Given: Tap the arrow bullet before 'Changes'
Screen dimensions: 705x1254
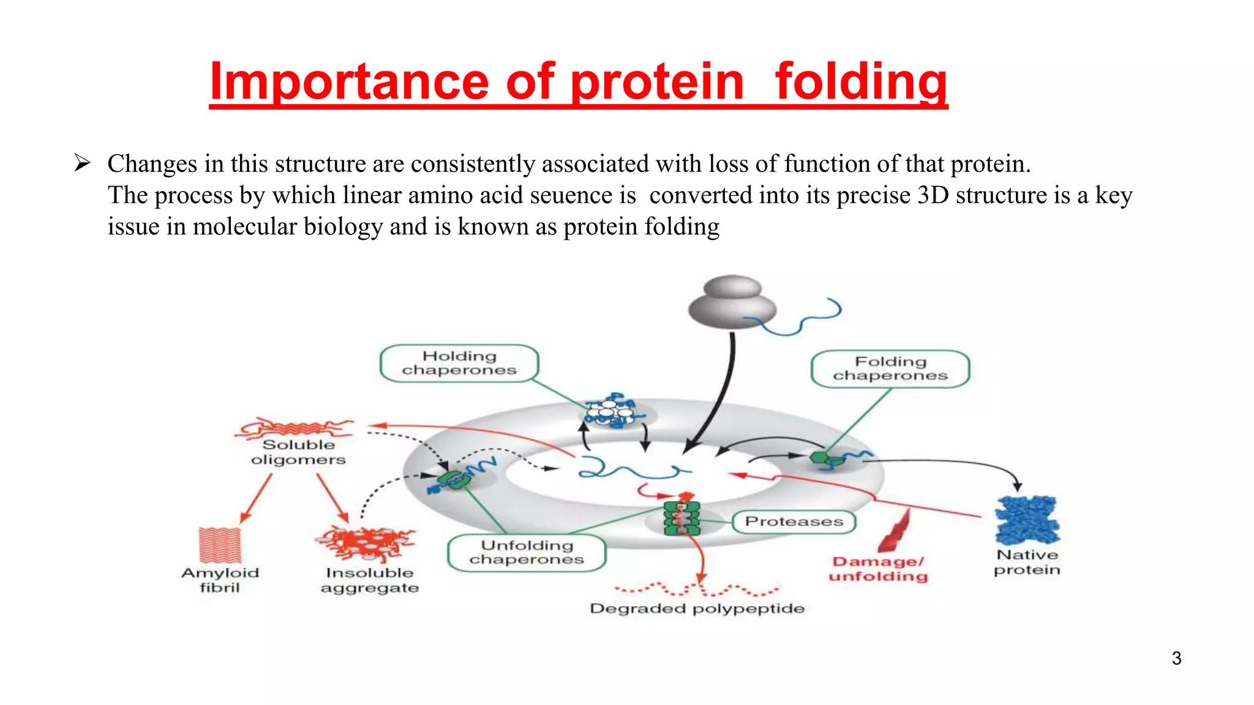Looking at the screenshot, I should (82, 163).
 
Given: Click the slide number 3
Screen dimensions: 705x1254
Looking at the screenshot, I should (1176, 658).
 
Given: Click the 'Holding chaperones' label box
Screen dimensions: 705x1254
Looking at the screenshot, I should (459, 364).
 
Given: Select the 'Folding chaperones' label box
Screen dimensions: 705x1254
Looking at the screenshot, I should (890, 369).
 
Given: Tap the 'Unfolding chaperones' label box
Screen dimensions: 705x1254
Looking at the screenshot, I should (527, 553).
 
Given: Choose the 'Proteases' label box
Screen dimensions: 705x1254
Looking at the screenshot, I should (794, 521).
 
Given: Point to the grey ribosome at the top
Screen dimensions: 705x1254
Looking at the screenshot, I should (732, 302).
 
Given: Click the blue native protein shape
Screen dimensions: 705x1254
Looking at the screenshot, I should (1027, 520).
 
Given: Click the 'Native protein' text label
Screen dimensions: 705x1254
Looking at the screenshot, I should (1027, 562).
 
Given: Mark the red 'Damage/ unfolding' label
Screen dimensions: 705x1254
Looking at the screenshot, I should (878, 569).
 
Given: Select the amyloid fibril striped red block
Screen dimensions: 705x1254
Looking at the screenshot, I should (220, 545).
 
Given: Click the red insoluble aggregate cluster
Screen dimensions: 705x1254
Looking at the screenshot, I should (366, 542).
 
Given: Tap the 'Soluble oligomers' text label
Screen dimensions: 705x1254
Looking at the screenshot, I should (298, 452).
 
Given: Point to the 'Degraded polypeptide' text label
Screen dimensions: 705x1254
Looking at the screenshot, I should (697, 609).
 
